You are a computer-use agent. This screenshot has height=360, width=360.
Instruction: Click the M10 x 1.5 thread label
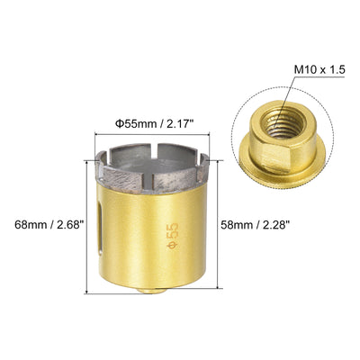[319, 70]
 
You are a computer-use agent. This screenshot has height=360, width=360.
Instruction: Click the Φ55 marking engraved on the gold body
[174, 236]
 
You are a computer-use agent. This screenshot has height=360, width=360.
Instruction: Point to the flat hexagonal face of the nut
[274, 160]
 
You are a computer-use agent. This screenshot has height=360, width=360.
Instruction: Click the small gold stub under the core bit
[152, 291]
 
